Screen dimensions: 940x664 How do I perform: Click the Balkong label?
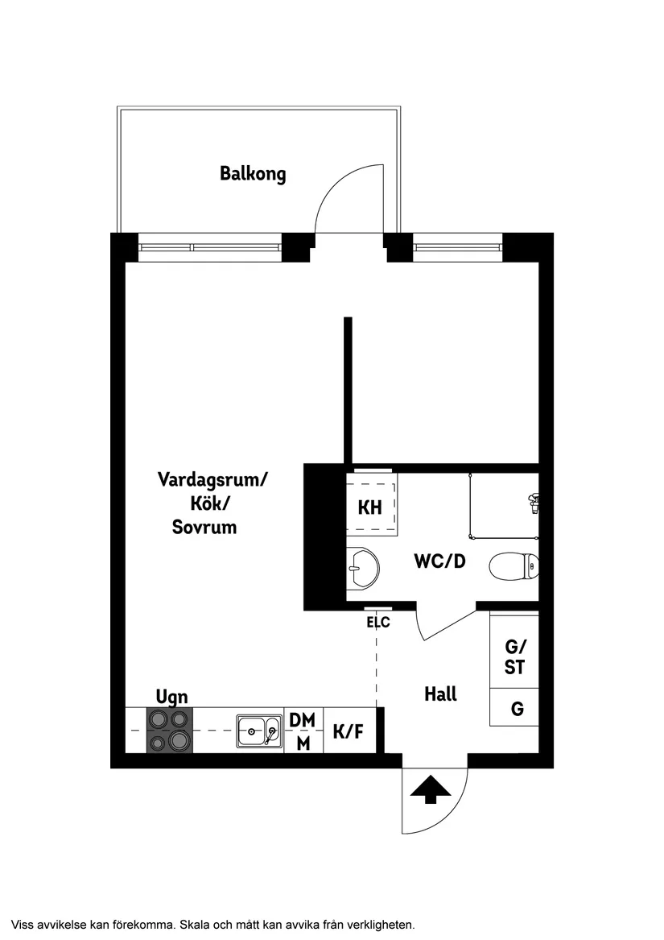[x=253, y=173]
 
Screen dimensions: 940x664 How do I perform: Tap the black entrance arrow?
[x=431, y=789]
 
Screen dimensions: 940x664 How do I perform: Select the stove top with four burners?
[x=169, y=730]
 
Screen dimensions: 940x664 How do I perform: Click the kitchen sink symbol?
[x=259, y=731]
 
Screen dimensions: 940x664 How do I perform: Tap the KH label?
[x=369, y=508]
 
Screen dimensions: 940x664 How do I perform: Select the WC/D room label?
[x=439, y=561]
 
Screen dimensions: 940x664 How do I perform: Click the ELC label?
[x=378, y=622]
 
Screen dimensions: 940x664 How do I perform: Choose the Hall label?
[x=440, y=694]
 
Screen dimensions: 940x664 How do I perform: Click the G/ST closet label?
[x=514, y=656]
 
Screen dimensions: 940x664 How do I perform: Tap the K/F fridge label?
[x=348, y=731]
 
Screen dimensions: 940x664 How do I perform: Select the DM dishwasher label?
[x=303, y=719]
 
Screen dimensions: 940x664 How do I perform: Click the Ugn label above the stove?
[x=171, y=697]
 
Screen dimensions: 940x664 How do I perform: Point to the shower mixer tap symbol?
[x=532, y=504]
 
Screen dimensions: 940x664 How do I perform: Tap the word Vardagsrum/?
[x=212, y=480]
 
